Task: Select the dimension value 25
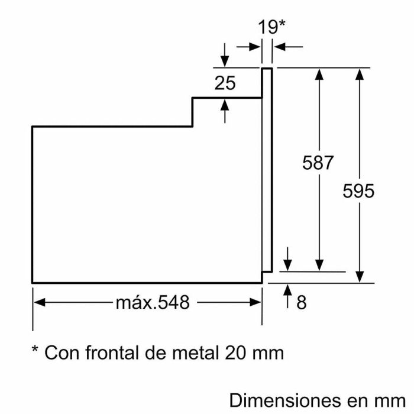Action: click(x=225, y=83)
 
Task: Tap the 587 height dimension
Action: click(x=318, y=163)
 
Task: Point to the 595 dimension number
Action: click(x=358, y=191)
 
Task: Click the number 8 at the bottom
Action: click(x=301, y=303)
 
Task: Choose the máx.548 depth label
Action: click(x=153, y=303)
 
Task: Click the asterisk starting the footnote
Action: click(x=35, y=351)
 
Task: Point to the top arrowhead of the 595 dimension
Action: click(x=359, y=73)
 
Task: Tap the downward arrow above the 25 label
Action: click(x=225, y=62)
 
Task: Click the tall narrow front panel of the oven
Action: click(x=267, y=172)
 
